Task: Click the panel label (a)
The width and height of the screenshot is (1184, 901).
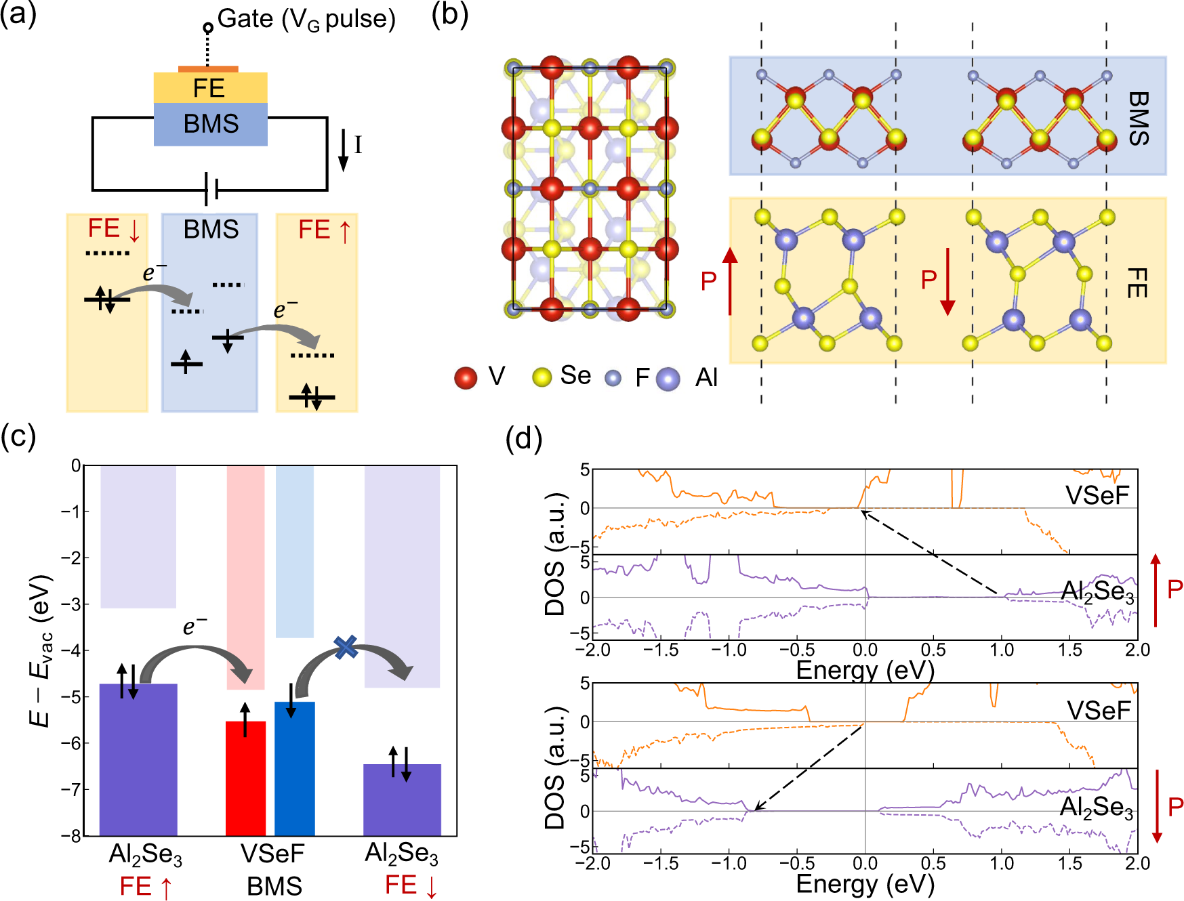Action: pyautogui.click(x=18, y=15)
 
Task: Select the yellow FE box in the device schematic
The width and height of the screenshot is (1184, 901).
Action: pyautogui.click(x=210, y=88)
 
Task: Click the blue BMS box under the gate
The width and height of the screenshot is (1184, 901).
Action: pyautogui.click(x=210, y=124)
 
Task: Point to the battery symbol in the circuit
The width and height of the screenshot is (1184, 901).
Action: pyautogui.click(x=211, y=189)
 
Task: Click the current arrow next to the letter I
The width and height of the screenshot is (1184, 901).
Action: pyautogui.click(x=344, y=150)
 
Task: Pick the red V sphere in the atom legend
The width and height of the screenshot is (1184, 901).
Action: pyautogui.click(x=466, y=378)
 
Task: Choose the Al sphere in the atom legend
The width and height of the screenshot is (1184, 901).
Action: pyautogui.click(x=668, y=379)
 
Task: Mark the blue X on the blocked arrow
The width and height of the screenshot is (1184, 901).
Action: pyautogui.click(x=346, y=647)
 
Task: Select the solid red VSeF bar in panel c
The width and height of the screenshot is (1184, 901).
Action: pyautogui.click(x=245, y=779)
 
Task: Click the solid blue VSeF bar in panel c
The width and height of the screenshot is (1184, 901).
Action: pyautogui.click(x=294, y=769)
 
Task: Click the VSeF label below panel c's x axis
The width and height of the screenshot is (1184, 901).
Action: pyautogui.click(x=272, y=854)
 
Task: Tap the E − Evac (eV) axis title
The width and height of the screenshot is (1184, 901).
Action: pyautogui.click(x=41, y=650)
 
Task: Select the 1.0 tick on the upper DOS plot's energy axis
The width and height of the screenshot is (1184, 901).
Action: pyautogui.click(x=1002, y=650)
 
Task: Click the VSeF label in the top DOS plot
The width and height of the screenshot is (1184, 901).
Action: pyautogui.click(x=1097, y=495)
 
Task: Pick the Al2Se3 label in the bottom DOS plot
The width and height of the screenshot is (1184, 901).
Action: pyautogui.click(x=1096, y=808)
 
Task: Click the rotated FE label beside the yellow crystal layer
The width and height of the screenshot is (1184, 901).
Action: pyautogui.click(x=1137, y=282)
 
